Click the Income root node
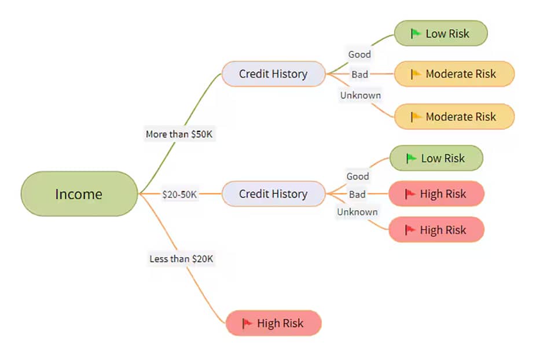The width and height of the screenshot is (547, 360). coord(79,194)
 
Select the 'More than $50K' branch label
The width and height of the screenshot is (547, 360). coord(181,134)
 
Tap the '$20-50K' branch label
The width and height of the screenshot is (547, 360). coord(180,194)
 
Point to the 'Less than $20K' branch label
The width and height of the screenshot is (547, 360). coord(181,259)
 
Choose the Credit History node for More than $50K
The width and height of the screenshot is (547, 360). coord(273,74)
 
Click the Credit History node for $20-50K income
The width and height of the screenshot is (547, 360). coord(273,194)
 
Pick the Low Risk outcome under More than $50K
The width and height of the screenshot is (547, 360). coord(441,34)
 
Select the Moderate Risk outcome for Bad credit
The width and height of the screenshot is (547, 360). coord(454,74)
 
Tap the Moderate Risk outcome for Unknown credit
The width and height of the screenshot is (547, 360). coord(454,116)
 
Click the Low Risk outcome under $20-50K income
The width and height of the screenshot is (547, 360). coord(436,158)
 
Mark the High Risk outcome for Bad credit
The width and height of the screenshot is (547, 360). coord(436,194)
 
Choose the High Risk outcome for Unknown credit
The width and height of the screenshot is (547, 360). coord(436,230)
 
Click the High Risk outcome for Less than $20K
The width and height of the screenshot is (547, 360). coord(273,323)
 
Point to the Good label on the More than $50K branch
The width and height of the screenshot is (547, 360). coord(359,54)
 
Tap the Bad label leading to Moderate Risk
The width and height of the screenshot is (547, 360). coord(359,75)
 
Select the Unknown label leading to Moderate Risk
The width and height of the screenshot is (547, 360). coord(361,95)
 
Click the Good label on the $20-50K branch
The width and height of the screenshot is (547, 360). coord(358,176)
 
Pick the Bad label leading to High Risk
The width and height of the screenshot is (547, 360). coord(357,194)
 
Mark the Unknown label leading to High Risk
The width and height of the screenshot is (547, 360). coord(358,212)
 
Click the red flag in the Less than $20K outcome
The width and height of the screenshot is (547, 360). coord(247,323)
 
